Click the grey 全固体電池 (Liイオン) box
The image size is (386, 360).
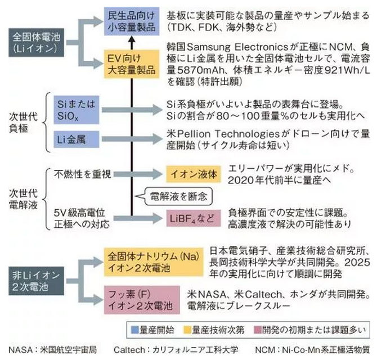[x=35, y=43]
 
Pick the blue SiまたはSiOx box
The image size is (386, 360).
[x=78, y=109]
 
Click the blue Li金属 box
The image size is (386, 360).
[x=78, y=138]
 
